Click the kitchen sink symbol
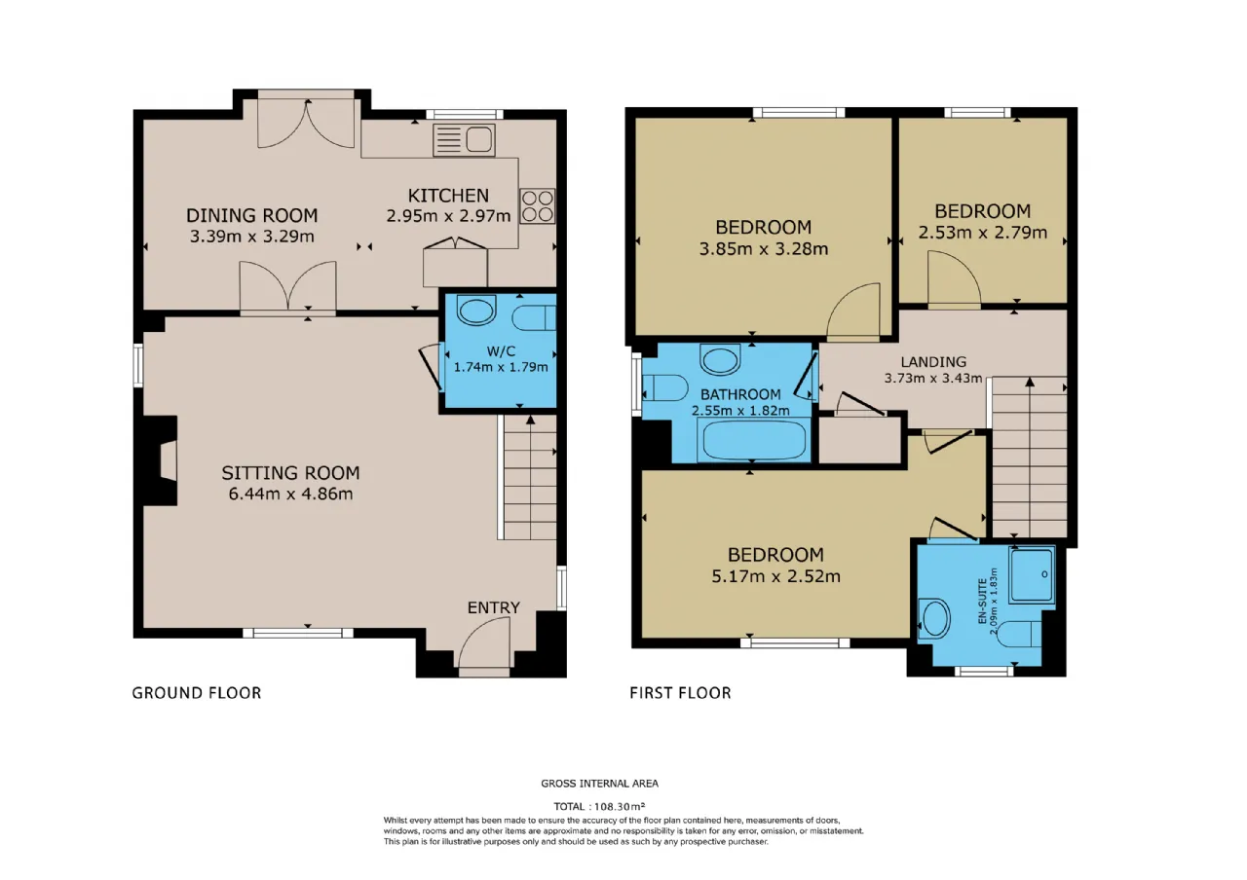coord(464,140)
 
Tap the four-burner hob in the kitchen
coord(537,205)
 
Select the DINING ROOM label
coord(251,215)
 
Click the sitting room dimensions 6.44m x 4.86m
coord(290,494)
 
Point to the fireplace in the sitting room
coord(160,460)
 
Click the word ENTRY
coord(494,607)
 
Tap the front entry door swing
coord(484,642)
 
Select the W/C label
coord(501,351)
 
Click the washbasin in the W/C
coord(476,310)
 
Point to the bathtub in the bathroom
coord(754,440)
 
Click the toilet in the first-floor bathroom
coord(665,387)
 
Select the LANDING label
coord(933,362)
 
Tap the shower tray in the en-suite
coord(1033,575)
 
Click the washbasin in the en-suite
coord(934,618)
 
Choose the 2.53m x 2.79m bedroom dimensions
coord(983,233)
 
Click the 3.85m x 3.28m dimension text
coord(763,248)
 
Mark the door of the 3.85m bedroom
coord(853,312)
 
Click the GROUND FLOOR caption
coord(197,693)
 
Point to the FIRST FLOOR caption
coord(680,693)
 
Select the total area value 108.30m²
coord(620,806)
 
